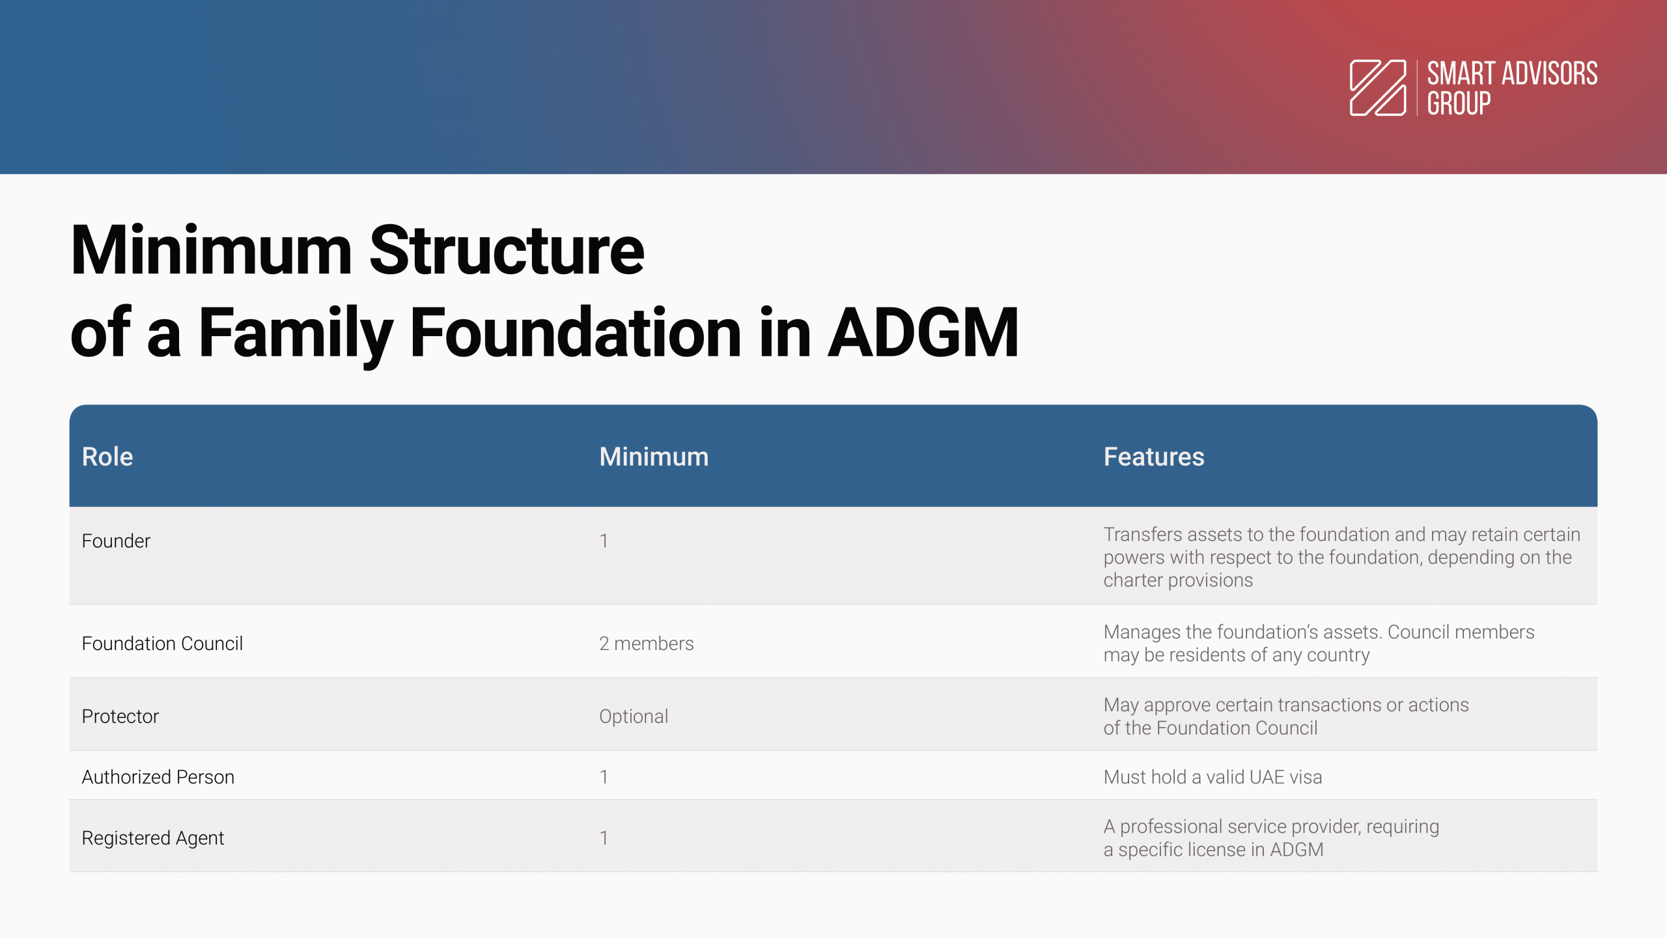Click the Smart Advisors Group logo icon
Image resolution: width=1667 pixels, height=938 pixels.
[1378, 88]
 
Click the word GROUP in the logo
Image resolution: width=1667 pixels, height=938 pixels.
[1459, 104]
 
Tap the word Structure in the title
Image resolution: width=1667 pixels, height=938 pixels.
[507, 250]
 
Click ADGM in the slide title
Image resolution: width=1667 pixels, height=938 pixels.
[923, 333]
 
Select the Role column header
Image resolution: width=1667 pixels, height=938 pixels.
[107, 457]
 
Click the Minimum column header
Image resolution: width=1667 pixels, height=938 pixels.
[654, 457]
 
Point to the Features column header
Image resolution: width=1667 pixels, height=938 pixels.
[1154, 457]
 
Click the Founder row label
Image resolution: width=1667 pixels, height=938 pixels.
[116, 541]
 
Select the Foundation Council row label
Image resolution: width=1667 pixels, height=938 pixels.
[162, 644]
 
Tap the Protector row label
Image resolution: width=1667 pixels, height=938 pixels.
[120, 717]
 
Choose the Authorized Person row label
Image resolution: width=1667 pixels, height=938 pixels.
[158, 777]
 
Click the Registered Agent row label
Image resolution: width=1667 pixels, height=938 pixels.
[153, 838]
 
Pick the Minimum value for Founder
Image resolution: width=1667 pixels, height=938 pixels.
[604, 541]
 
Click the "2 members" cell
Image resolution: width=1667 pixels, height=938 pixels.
[647, 644]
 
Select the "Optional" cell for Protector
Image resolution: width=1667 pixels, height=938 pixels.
[634, 717]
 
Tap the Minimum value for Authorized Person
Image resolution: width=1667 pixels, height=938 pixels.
[604, 777]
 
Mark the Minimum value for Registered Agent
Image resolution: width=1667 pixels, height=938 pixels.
[604, 838]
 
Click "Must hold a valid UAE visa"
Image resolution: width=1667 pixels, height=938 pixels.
[1212, 777]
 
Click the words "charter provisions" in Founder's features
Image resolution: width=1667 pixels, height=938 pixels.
[1178, 580]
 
